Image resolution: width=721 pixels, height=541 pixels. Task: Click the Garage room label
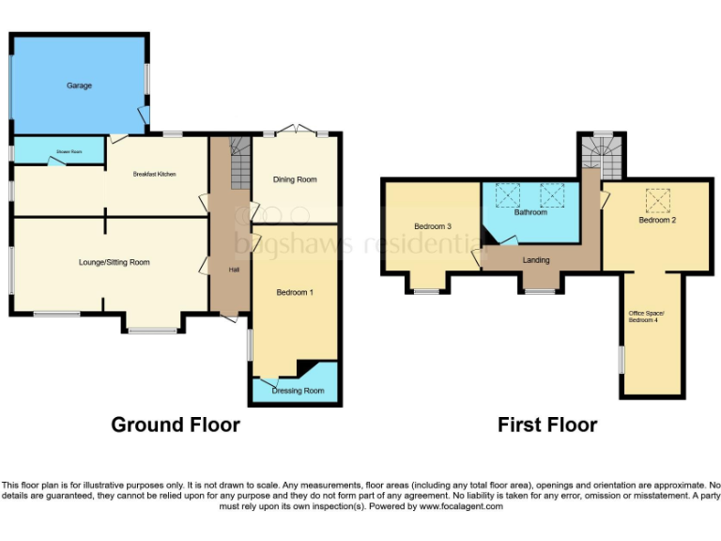point(79,85)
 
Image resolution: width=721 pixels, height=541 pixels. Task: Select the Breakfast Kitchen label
point(155,175)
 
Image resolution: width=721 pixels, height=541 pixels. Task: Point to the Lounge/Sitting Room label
point(115,262)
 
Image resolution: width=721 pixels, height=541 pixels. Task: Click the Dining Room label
point(295,179)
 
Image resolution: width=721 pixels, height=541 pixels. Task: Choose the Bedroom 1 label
point(294,293)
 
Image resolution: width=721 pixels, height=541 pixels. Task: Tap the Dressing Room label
point(299,391)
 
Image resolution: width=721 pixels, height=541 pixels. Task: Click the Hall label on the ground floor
point(234,270)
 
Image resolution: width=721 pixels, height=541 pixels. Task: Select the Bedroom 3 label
point(433,226)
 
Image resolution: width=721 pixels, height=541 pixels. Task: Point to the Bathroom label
point(530,212)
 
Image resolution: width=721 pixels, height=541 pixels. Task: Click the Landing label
point(536,260)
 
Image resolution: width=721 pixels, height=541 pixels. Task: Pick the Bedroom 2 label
point(658,220)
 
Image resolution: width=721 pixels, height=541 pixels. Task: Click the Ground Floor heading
point(176,425)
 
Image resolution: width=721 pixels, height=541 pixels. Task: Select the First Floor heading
point(547,425)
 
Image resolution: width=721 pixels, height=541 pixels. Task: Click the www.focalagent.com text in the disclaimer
point(460,506)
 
